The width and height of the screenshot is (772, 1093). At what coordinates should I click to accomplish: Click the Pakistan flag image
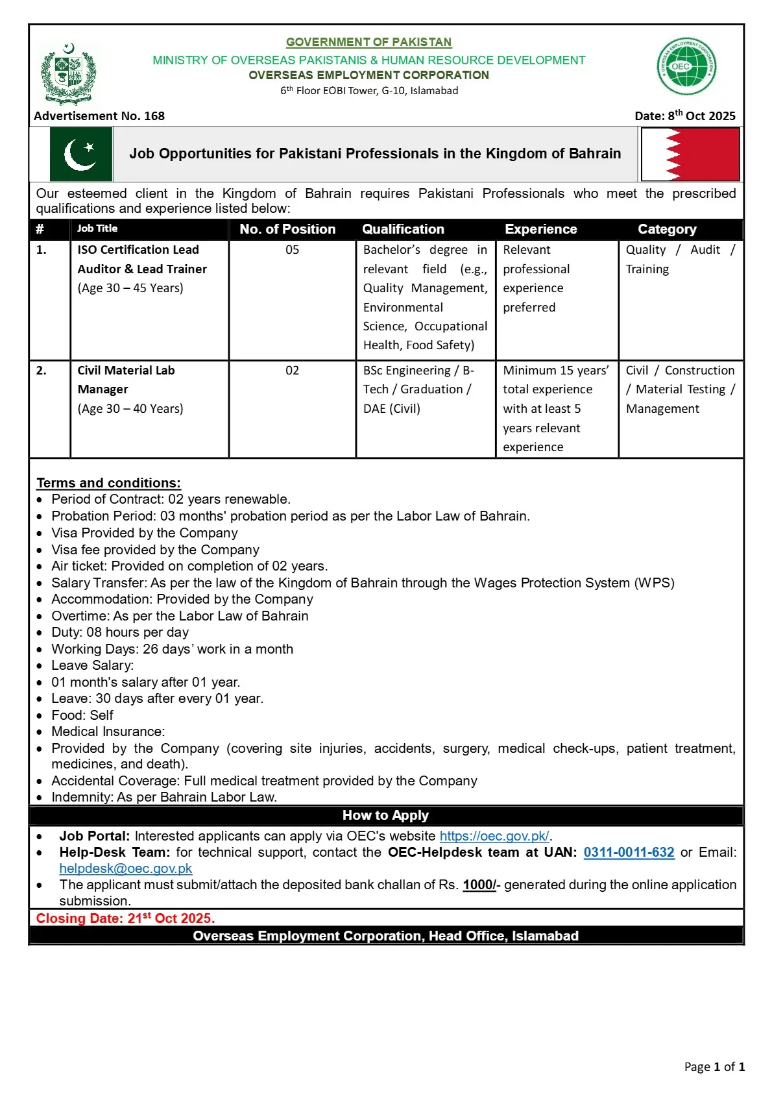tap(81, 154)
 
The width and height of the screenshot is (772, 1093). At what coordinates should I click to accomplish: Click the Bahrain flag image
tap(690, 154)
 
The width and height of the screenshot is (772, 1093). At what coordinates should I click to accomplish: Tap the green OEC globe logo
tap(686, 66)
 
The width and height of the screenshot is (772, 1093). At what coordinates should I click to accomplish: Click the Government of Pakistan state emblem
tap(68, 73)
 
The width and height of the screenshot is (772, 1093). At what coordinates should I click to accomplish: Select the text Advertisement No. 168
tap(99, 116)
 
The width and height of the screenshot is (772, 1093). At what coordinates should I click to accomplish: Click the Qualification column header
tap(403, 229)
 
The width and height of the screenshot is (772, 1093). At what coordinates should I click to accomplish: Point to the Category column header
tap(667, 229)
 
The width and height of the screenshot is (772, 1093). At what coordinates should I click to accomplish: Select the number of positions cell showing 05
tap(292, 250)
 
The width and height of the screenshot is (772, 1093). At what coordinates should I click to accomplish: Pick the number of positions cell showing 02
tap(292, 371)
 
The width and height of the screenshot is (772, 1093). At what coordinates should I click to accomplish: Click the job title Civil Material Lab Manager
tap(126, 380)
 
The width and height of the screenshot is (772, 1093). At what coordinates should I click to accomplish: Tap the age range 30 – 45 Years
tap(130, 288)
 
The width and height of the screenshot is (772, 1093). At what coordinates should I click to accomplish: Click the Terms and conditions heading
tap(108, 483)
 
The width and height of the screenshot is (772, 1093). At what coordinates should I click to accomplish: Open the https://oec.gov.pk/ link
tap(494, 836)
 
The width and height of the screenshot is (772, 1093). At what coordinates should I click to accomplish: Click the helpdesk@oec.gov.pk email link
tap(126, 868)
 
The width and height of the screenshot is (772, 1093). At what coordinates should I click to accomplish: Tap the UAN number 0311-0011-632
tap(629, 852)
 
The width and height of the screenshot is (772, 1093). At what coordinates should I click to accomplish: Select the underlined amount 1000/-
tap(479, 885)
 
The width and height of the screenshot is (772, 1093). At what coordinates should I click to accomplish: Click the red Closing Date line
tap(125, 918)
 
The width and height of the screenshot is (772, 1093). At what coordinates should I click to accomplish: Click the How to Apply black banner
tap(385, 815)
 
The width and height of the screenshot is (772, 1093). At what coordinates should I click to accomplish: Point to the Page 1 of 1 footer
tap(714, 1066)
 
